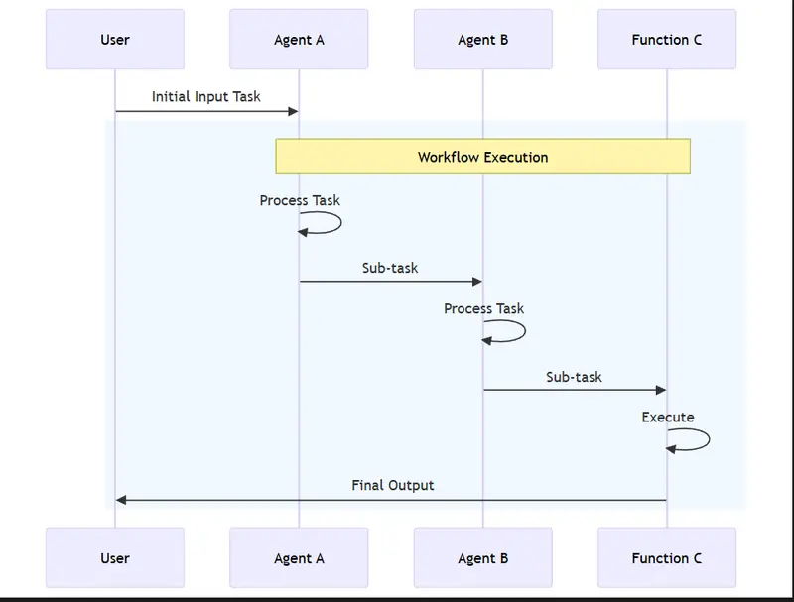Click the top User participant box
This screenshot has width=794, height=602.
click(x=115, y=40)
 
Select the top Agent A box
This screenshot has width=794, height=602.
click(x=299, y=40)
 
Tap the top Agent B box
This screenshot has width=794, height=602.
click(x=483, y=40)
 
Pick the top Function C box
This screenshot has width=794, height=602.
click(x=667, y=40)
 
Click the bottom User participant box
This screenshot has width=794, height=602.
click(x=115, y=557)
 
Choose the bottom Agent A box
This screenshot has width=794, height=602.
click(x=299, y=557)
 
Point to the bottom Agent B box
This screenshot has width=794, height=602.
click(x=483, y=557)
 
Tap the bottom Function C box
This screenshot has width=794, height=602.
click(x=667, y=557)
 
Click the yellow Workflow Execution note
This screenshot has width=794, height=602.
click(x=482, y=157)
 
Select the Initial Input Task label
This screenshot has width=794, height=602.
click(x=206, y=96)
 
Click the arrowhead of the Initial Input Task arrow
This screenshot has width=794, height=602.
click(x=293, y=111)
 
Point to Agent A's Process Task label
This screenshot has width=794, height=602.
click(x=300, y=200)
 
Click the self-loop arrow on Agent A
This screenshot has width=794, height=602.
click(x=339, y=224)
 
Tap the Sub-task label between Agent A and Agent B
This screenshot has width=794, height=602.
click(x=390, y=267)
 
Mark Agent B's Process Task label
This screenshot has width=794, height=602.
click(x=484, y=308)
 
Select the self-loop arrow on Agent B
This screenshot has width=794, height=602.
click(x=523, y=332)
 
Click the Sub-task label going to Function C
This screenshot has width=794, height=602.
click(x=574, y=377)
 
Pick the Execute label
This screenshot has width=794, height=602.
click(x=668, y=417)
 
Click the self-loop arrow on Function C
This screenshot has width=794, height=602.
click(x=707, y=440)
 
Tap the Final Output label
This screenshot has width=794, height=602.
click(x=392, y=485)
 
